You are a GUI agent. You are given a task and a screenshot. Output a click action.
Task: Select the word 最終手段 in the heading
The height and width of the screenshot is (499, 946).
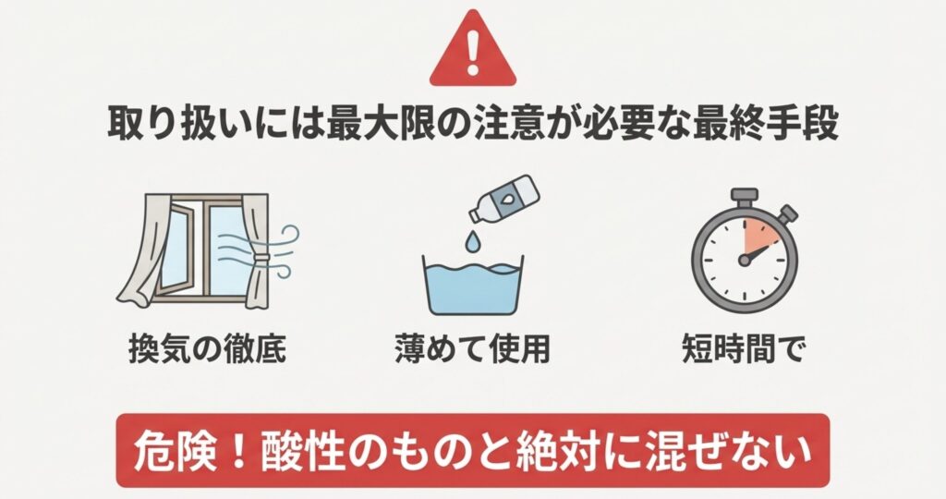pos(765,125)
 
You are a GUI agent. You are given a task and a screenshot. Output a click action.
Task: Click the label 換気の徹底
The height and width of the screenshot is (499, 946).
pos(208,348)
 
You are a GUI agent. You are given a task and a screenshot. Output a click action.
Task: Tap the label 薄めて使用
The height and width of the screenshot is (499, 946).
pos(473,348)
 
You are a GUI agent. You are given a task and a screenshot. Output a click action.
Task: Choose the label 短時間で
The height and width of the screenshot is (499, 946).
pos(744,348)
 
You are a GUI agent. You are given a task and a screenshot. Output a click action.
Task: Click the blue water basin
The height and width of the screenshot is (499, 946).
pos(472,286)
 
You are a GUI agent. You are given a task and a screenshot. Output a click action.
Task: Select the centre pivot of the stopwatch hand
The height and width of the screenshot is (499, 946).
pos(744,260)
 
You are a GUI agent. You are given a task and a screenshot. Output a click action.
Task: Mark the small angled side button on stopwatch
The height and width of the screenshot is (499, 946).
pos(787,214)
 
